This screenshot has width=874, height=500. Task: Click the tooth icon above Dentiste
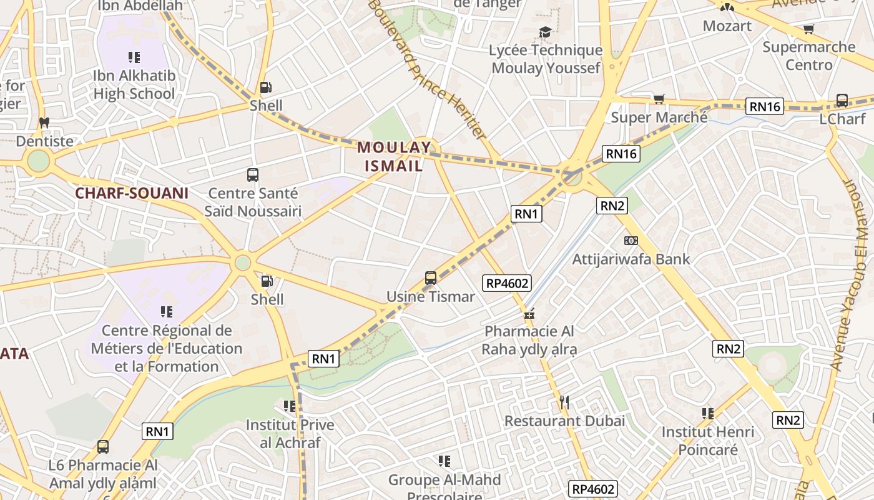coord(44,122)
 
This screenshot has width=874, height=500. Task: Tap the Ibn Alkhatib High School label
coord(134,84)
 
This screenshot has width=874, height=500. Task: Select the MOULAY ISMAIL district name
coord(393,157)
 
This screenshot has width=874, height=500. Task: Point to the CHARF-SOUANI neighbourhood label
coord(132,193)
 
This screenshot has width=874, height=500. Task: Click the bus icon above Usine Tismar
coord(431,278)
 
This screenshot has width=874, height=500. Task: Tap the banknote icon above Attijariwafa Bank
coord(631,241)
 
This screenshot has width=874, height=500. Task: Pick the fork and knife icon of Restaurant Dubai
coord(564,402)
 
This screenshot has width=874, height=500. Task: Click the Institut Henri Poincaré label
coord(708,441)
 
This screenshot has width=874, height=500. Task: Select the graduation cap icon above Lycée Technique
coord(546,32)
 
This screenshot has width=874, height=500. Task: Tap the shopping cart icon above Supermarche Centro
coord(808,29)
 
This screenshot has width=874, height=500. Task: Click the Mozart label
coord(727,26)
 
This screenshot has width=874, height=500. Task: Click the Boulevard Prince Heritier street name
coord(427,69)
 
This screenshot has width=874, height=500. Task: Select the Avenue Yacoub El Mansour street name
coord(853,275)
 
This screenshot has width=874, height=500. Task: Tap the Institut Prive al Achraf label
coord(290,434)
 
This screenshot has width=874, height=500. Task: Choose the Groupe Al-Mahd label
coord(444,480)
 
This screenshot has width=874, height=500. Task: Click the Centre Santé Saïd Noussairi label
coord(253,202)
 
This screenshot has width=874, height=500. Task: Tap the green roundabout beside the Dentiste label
coord(38,161)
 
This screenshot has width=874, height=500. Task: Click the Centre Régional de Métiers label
coord(167,348)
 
